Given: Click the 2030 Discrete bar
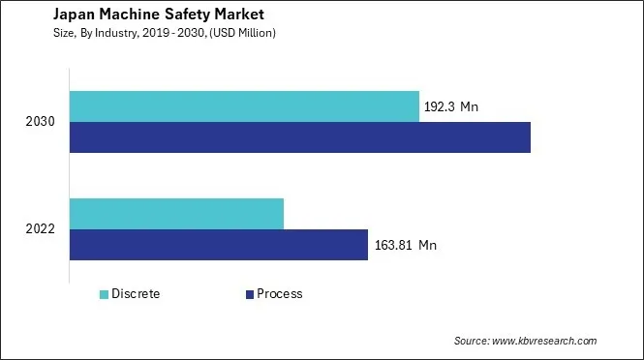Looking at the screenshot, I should (x=244, y=106).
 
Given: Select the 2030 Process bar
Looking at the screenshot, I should (x=300, y=137).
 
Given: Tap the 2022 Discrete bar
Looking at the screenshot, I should (x=176, y=214).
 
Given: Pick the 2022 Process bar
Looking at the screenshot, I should (x=219, y=245).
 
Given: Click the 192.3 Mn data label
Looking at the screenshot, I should (x=451, y=107).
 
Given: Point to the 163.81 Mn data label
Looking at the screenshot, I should (x=405, y=246).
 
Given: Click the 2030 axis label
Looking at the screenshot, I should (x=42, y=123).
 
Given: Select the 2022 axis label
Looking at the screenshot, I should (x=42, y=230).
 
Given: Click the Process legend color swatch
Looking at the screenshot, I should (x=249, y=294).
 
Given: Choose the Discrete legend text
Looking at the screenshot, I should (x=136, y=294).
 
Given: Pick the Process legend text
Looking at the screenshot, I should (x=280, y=294).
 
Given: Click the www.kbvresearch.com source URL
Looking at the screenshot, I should (x=545, y=342).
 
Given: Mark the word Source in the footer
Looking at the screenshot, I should (x=472, y=342).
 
